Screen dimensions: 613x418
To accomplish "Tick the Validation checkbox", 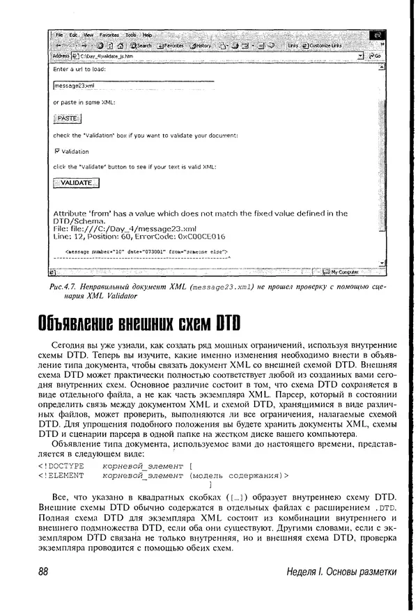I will point(56,151).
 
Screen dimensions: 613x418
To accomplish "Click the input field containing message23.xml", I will point(132,86).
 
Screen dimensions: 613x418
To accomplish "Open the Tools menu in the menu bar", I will point(130,34).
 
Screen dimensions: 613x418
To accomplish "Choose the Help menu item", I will point(147,34).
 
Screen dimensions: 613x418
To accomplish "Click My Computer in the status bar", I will point(343,271).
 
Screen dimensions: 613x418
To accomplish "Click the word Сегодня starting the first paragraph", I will point(68,345).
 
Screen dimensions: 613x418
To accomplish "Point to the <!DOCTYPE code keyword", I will point(61,465).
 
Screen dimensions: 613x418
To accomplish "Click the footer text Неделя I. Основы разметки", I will point(341,571).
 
